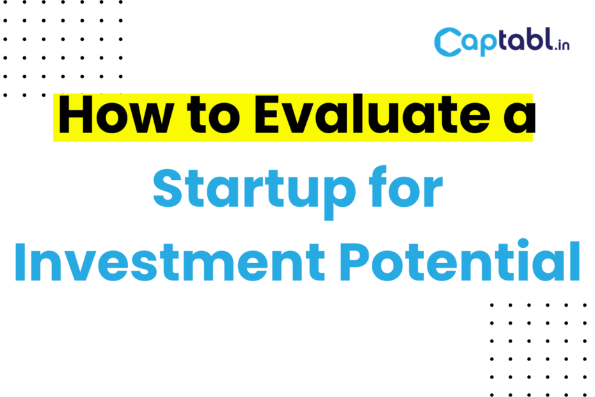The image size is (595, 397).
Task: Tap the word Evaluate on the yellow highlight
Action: (372, 115)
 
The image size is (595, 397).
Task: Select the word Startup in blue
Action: (254, 192)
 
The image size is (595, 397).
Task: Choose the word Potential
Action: (460, 259)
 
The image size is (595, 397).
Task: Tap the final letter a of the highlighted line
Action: (519, 120)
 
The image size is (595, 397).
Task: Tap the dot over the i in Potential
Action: (523, 243)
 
